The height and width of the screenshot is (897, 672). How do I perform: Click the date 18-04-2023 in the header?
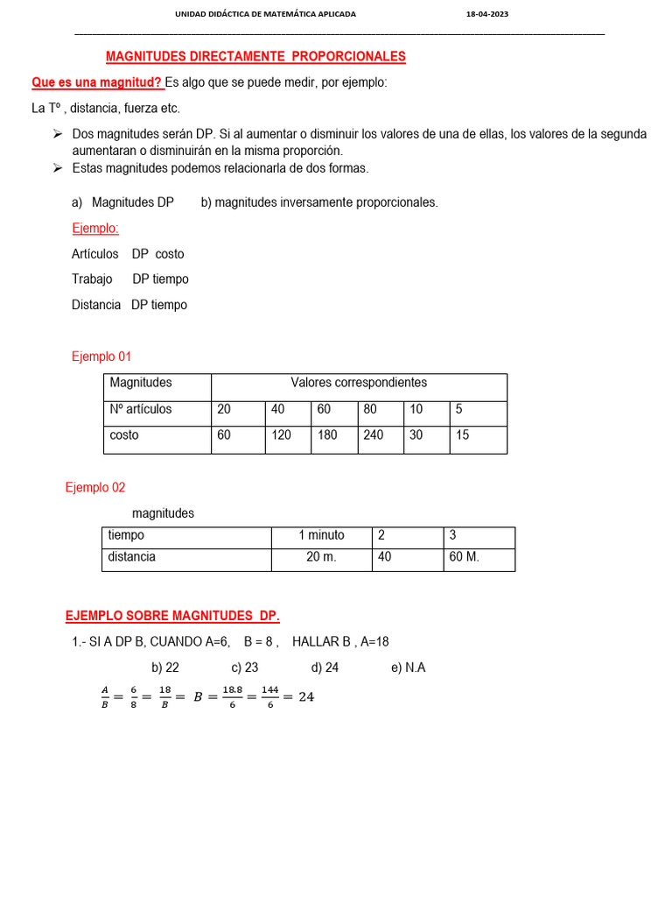point(488,15)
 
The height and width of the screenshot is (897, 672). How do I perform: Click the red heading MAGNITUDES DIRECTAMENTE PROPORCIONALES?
point(255,57)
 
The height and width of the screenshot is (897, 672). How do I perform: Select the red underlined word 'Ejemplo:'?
point(95,229)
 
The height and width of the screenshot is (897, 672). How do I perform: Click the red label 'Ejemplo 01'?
point(101,357)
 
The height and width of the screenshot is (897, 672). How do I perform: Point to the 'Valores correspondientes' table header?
point(359,383)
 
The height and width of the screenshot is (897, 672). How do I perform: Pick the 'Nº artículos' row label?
point(141,409)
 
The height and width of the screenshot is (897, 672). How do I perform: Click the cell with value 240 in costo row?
point(374,435)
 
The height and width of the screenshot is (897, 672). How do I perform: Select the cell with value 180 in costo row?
point(327,435)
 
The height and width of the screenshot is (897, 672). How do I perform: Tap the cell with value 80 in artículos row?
point(370,409)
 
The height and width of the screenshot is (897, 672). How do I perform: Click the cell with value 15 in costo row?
point(462,435)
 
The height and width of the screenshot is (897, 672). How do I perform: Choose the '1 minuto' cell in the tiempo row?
point(321,535)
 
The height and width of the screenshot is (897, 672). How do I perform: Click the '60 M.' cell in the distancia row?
point(464,557)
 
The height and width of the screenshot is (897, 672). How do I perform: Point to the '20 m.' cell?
point(321,557)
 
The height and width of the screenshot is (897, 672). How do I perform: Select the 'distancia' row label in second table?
point(132,557)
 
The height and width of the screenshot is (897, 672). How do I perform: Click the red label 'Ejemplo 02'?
point(95,488)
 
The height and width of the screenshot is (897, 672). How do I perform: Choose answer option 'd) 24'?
point(325,667)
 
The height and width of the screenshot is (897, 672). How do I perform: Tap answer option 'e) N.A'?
point(408,667)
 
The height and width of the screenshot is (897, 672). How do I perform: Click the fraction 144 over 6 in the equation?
point(269,698)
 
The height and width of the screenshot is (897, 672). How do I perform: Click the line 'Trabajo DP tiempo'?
point(130,279)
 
